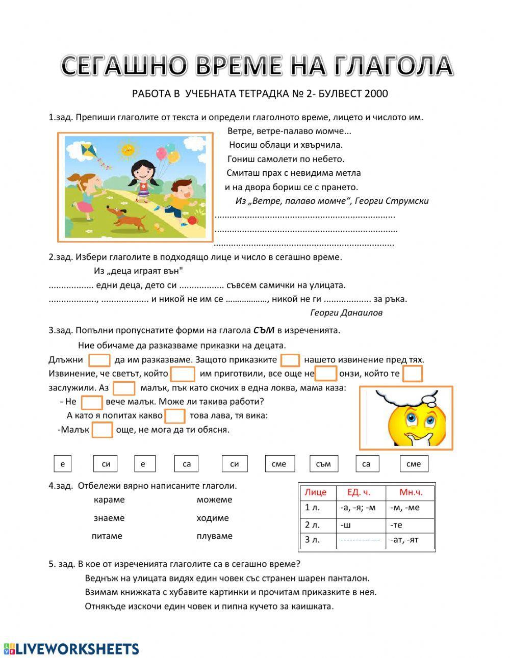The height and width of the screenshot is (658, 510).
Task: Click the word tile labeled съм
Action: click(323, 464)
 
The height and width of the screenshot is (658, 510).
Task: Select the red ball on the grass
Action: click(192, 220)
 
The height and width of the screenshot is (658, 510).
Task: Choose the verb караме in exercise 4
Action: click(109, 499)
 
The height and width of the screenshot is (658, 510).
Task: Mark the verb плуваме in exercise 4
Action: click(214, 536)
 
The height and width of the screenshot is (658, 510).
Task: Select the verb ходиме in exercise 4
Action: click(213, 518)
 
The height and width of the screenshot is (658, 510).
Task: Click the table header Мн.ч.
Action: click(411, 492)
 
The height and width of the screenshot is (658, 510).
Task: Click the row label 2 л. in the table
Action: click(312, 524)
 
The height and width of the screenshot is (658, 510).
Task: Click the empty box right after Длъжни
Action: click(99, 360)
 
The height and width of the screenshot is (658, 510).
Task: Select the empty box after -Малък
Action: click(102, 430)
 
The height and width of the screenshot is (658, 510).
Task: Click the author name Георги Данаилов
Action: click(346, 312)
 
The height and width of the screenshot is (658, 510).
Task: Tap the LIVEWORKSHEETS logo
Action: click(71, 648)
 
